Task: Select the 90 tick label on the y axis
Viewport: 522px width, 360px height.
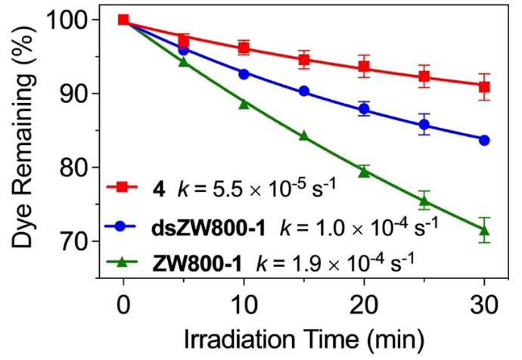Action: (x=75, y=94)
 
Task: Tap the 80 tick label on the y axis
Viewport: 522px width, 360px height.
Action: (x=75, y=168)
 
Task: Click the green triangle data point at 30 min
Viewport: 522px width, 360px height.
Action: (x=484, y=230)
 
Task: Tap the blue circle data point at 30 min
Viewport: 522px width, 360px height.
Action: (x=484, y=140)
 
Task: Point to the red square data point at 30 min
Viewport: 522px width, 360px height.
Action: (x=484, y=86)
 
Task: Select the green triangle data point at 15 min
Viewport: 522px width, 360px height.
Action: (x=304, y=136)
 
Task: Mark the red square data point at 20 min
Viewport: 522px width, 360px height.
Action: (x=364, y=67)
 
